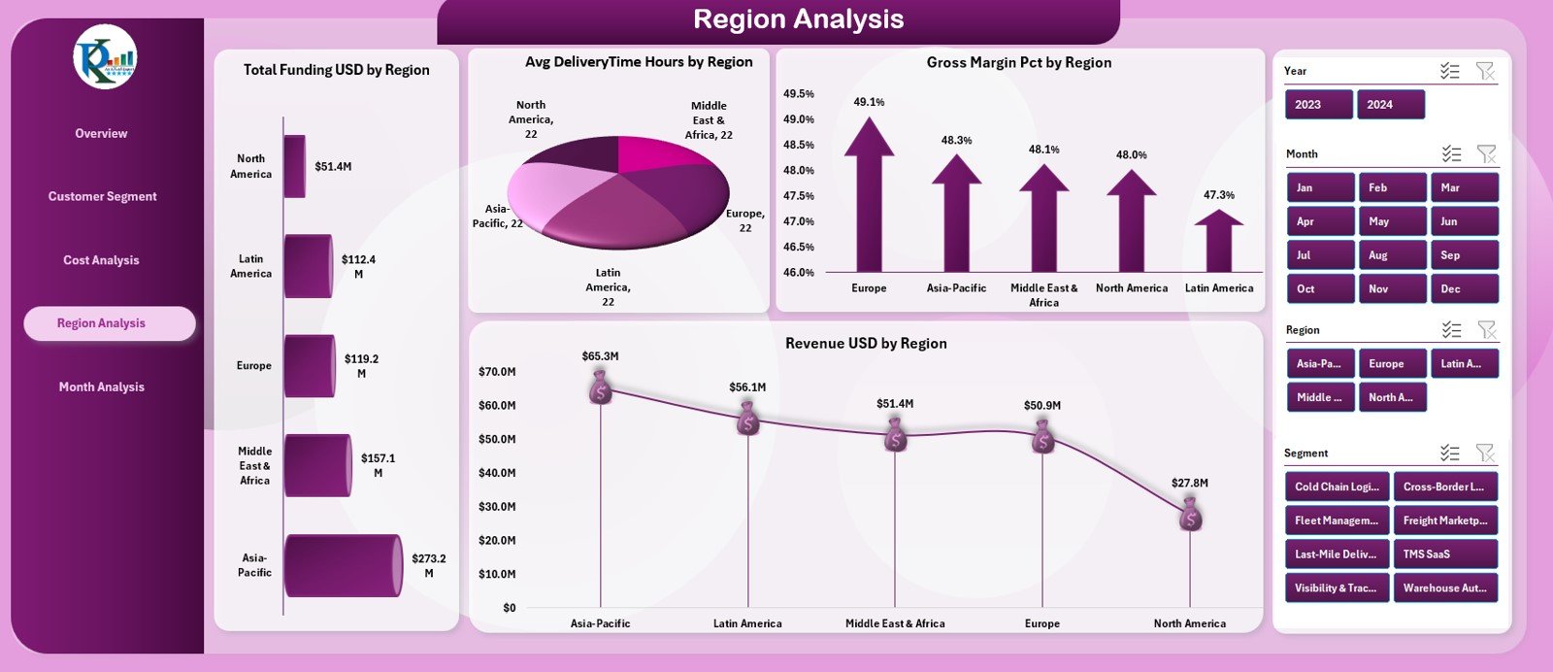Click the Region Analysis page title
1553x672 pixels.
click(x=798, y=19)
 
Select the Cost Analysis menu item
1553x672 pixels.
click(x=101, y=260)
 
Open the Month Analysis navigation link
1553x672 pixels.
click(x=101, y=386)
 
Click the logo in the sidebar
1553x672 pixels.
click(x=105, y=56)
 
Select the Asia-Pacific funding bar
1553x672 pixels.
click(x=342, y=565)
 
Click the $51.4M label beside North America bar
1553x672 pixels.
click(x=333, y=167)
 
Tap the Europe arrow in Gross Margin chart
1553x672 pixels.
click(x=869, y=194)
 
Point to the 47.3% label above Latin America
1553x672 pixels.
click(x=1218, y=195)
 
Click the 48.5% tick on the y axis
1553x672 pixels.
click(x=798, y=145)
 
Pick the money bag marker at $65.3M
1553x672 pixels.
click(x=601, y=388)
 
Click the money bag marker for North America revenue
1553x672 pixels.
click(x=1190, y=515)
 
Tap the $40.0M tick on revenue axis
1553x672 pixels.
click(x=497, y=473)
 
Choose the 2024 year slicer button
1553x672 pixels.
click(x=1389, y=105)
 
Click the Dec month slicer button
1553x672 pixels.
click(x=1464, y=289)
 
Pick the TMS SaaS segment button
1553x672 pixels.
click(x=1444, y=554)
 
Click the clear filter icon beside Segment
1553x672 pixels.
click(x=1485, y=453)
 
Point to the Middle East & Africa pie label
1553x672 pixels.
click(x=709, y=120)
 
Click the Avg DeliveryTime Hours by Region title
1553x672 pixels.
click(x=639, y=62)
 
